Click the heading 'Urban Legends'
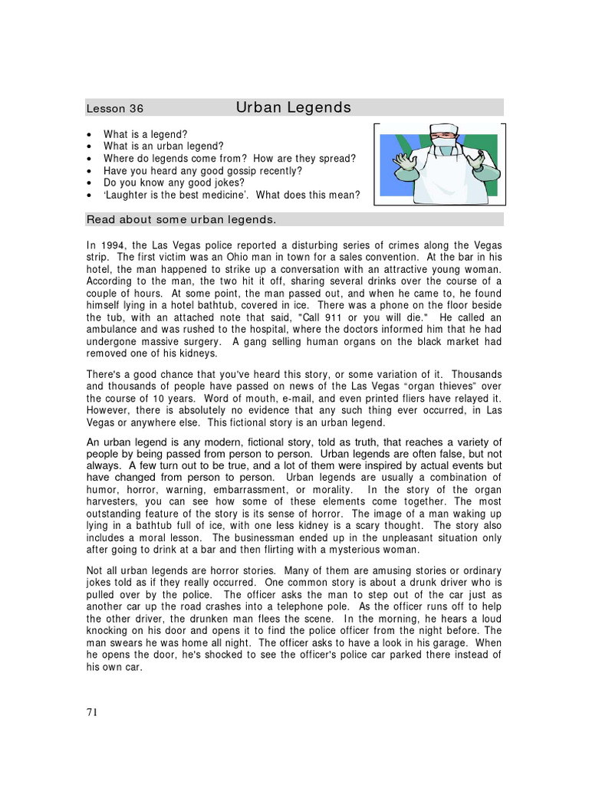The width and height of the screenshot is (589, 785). pyautogui.click(x=293, y=107)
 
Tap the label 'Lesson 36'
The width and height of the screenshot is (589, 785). pyautogui.click(x=114, y=109)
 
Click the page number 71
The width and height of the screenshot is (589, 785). pyautogui.click(x=92, y=711)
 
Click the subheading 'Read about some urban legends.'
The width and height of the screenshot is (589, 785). pyautogui.click(x=181, y=220)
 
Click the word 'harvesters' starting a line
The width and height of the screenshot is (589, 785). pyautogui.click(x=111, y=501)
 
